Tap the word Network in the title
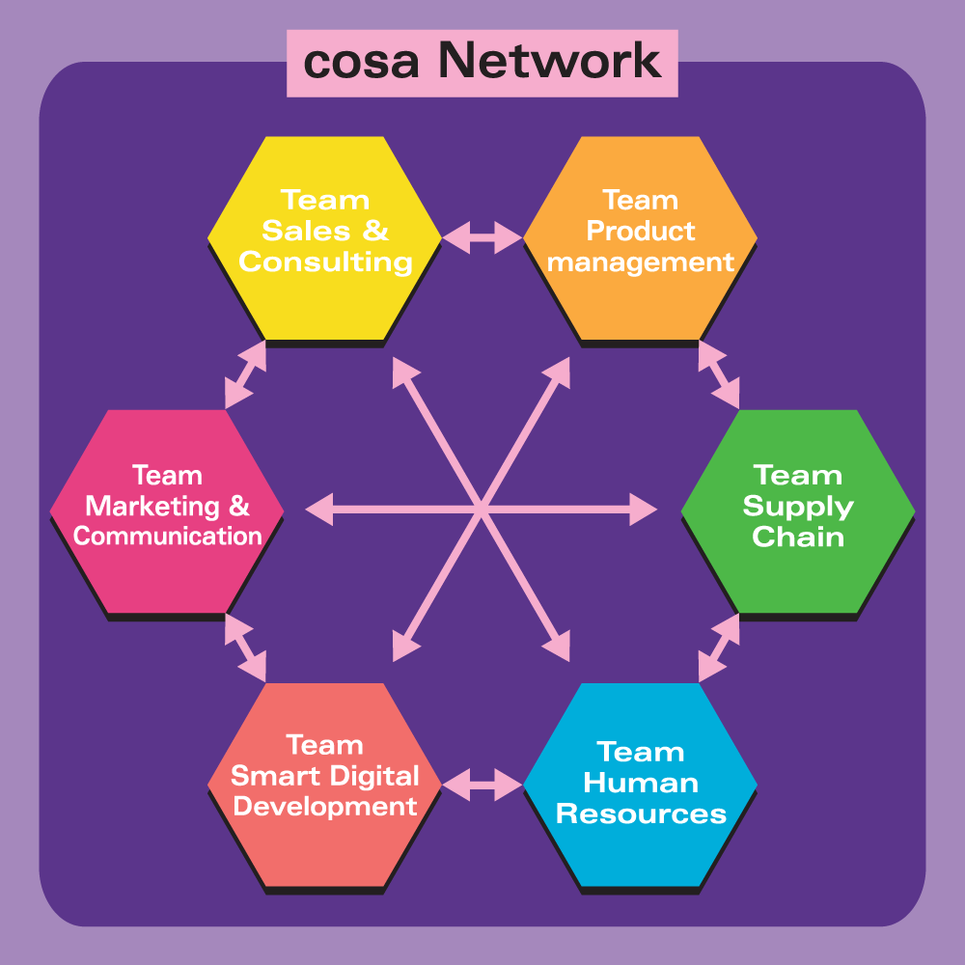pyautogui.click(x=550, y=63)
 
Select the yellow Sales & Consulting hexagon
pyautogui.click(x=325, y=236)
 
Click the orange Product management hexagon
pyautogui.click(x=640, y=236)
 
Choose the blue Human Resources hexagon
pyautogui.click(x=640, y=784)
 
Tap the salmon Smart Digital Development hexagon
pyautogui.click(x=325, y=784)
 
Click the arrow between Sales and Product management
pyautogui.click(x=482, y=237)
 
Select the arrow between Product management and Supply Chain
pyautogui.click(x=719, y=373)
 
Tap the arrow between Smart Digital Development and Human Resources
pyautogui.click(x=482, y=783)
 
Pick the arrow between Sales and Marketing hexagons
pyautogui.click(x=245, y=373)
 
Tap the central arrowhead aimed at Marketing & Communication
pyautogui.click(x=317, y=509)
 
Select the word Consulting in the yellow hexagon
pyautogui.click(x=325, y=262)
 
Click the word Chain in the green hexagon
pyautogui.click(x=798, y=538)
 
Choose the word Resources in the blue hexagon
pyautogui.click(x=641, y=813)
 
